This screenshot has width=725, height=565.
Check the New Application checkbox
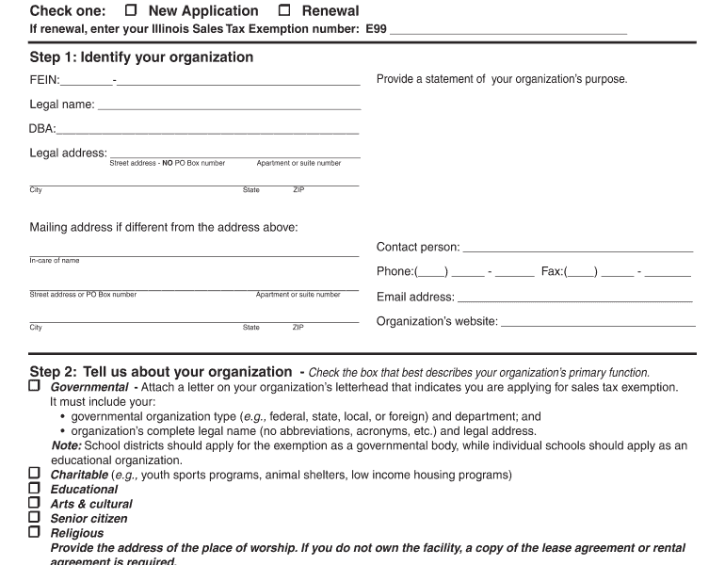[131, 11]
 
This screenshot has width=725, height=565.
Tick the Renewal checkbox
[284, 11]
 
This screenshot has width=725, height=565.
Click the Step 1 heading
[141, 57]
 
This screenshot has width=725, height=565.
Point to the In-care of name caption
[55, 261]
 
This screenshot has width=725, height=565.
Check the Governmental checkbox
[35, 386]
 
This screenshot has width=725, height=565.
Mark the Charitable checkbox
[35, 474]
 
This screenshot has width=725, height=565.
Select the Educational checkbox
[35, 489]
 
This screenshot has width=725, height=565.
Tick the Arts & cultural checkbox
[35, 504]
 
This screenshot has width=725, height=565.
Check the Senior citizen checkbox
[35, 518]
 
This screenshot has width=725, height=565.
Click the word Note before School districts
[66, 445]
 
